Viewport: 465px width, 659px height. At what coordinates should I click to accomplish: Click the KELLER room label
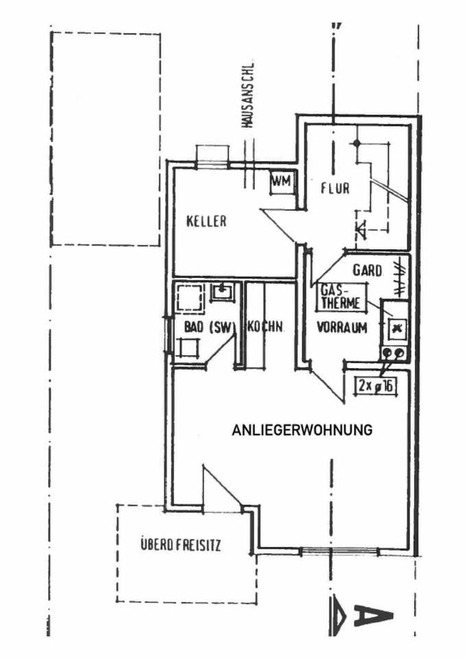206,222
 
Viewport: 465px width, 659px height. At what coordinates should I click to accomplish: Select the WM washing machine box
281,182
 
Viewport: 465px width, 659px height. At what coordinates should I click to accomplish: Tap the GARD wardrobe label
368,270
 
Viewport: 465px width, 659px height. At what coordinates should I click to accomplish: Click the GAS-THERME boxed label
338,297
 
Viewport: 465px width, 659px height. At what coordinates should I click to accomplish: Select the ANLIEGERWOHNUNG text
302,431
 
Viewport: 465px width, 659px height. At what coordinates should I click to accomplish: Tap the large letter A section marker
374,616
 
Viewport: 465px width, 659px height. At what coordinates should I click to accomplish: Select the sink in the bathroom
222,292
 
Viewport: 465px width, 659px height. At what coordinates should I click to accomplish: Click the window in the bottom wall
340,550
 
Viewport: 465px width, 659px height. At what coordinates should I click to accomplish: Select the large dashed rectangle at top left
106,139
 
